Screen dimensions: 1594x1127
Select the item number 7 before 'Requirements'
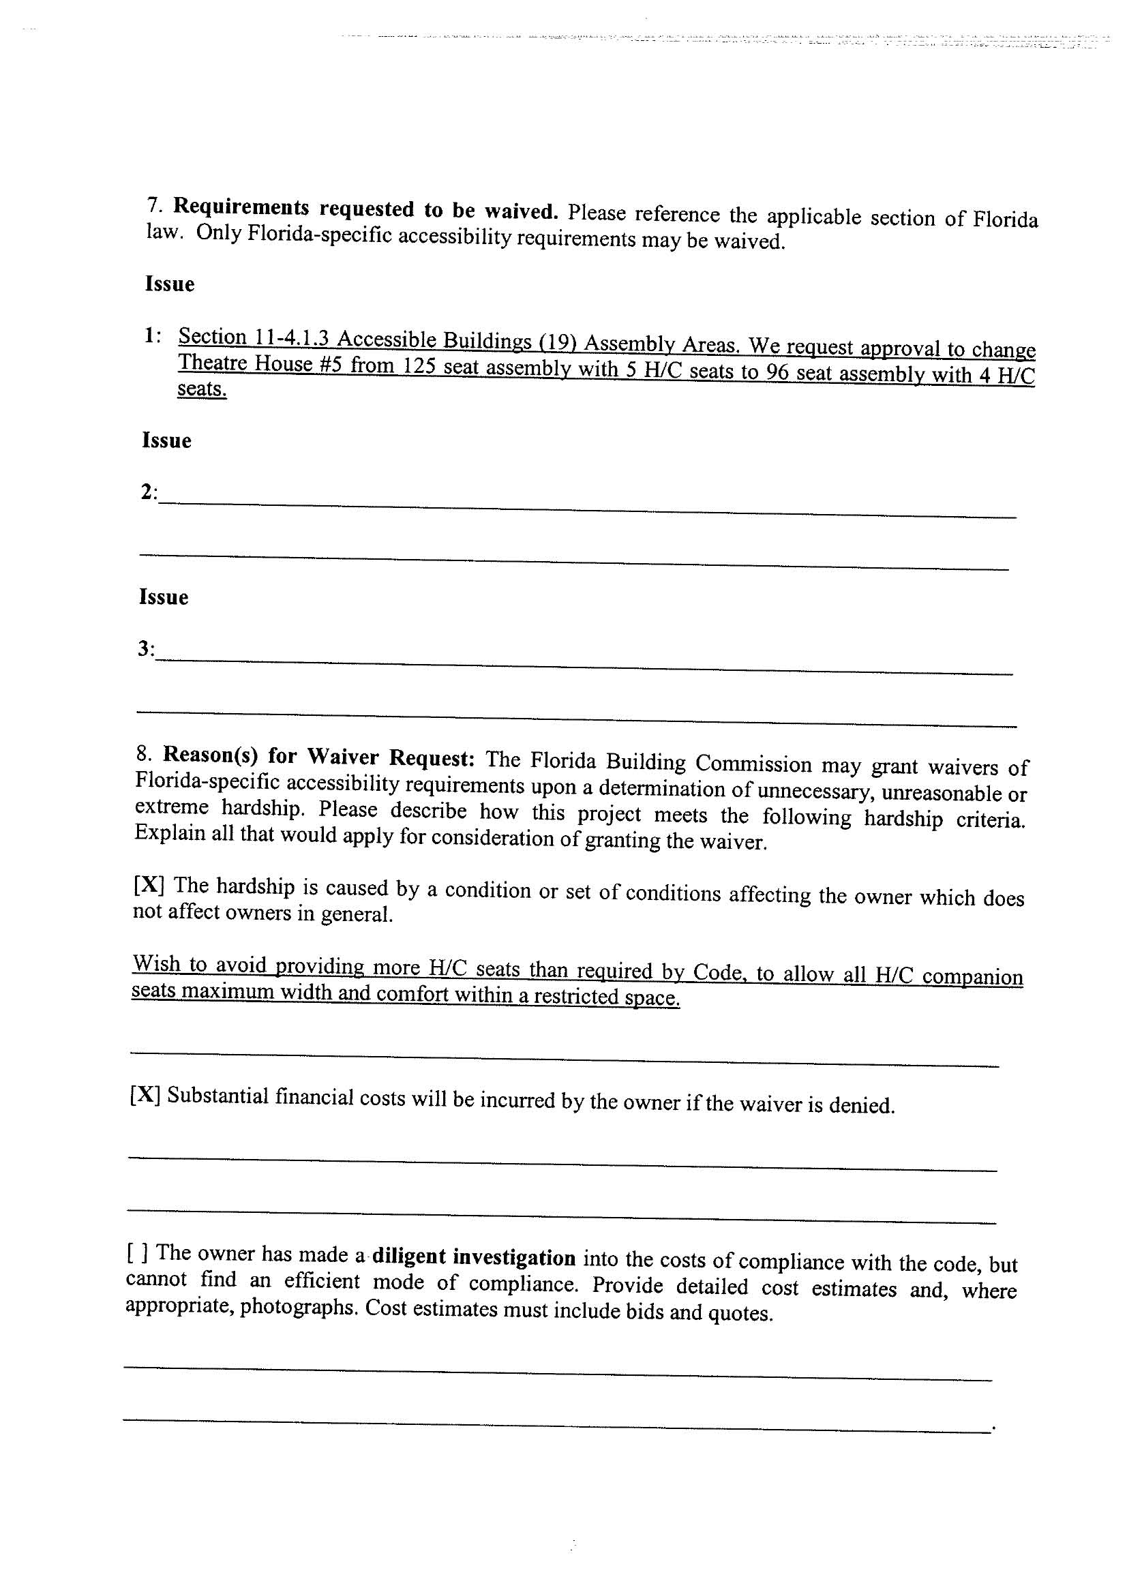click(153, 205)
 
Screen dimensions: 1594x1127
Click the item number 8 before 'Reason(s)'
click(143, 753)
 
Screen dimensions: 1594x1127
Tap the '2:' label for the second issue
click(149, 492)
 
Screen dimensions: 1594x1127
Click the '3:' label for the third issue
click(146, 649)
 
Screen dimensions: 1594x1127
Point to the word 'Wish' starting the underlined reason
click(157, 963)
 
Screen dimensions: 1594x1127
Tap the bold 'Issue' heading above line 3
click(164, 597)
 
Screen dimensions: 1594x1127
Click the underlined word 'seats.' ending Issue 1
click(202, 389)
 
